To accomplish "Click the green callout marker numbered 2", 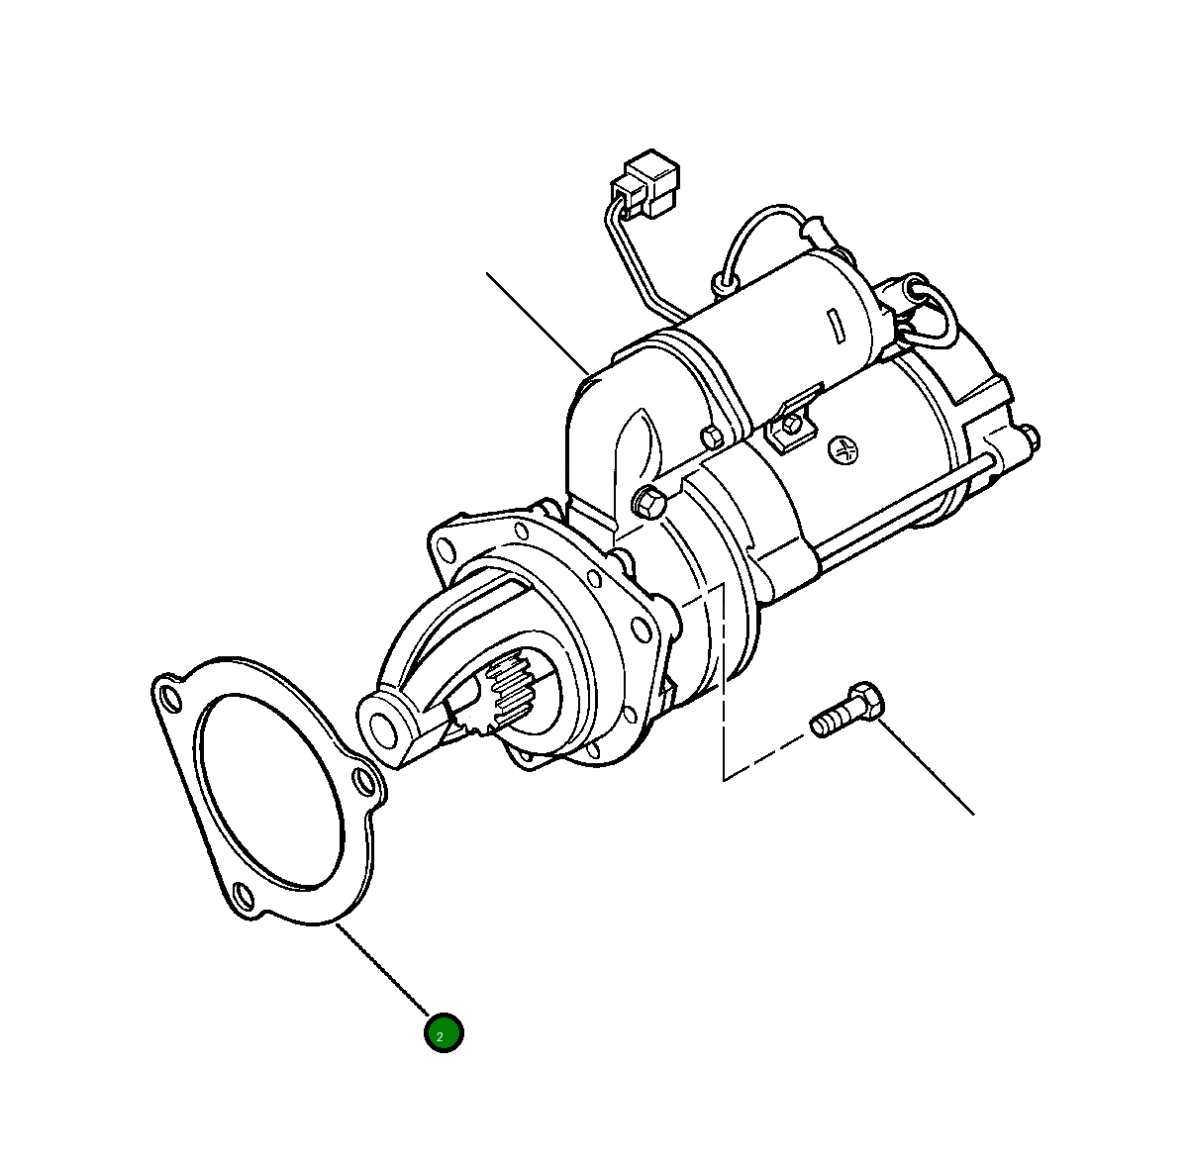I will click(x=444, y=1033).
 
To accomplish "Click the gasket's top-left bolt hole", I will click(x=170, y=698).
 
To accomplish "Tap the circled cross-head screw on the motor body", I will click(x=842, y=450).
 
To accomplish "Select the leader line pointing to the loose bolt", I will click(x=927, y=767).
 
